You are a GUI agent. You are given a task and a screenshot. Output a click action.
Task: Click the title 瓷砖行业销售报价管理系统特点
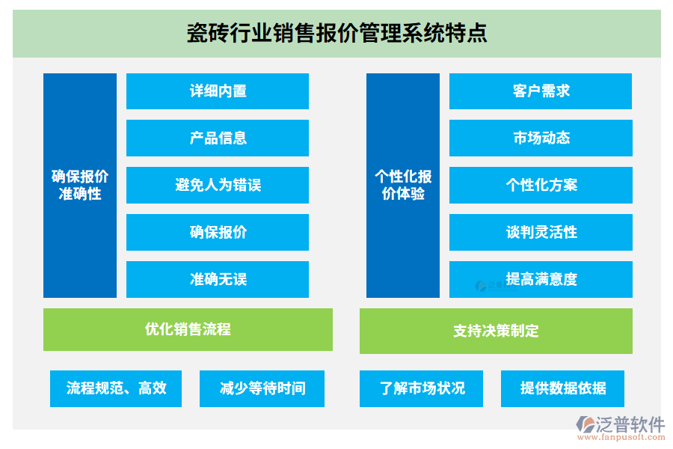click(336, 34)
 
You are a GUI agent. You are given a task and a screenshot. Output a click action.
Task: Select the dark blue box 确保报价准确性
click(80, 186)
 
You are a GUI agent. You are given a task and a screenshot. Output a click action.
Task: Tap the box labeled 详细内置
click(218, 91)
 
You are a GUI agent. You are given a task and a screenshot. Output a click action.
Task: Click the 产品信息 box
click(218, 138)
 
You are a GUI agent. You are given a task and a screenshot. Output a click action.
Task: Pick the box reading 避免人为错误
click(218, 186)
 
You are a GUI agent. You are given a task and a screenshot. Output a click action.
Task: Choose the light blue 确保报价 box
click(218, 233)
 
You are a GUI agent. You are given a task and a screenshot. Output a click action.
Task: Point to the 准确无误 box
click(218, 280)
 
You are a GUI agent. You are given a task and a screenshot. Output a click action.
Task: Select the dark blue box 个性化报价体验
click(403, 186)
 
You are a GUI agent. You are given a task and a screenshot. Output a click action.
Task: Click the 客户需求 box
click(541, 91)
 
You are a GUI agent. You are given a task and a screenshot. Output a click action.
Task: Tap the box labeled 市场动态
click(541, 138)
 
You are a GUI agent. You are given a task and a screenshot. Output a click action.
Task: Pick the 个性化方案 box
click(541, 186)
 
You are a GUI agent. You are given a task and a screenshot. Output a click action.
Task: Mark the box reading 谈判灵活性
click(541, 233)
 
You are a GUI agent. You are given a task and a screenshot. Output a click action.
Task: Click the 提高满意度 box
click(541, 280)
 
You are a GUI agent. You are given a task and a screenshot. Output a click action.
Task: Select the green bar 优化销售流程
click(188, 329)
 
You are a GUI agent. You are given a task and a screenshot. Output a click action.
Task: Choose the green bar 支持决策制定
click(496, 331)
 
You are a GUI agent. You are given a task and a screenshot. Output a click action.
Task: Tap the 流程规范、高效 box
click(116, 388)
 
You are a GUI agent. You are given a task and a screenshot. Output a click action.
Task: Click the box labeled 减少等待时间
click(262, 388)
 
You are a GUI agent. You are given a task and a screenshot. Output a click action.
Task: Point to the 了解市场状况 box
click(421, 388)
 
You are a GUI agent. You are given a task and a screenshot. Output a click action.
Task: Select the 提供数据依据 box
click(562, 388)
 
